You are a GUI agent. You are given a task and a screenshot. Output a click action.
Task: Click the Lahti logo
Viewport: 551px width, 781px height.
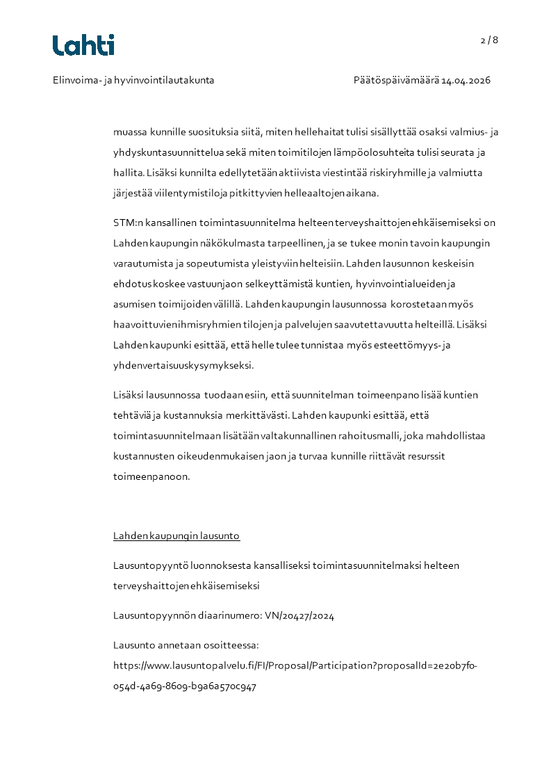click(83, 45)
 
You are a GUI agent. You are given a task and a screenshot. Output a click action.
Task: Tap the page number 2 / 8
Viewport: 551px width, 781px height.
click(489, 40)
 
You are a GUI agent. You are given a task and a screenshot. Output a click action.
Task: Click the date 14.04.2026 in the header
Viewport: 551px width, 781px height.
click(466, 80)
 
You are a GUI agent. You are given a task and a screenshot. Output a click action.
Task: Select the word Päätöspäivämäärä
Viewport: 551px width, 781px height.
click(395, 80)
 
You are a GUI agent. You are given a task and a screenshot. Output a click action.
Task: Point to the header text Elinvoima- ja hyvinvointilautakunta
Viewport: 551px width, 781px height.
click(133, 80)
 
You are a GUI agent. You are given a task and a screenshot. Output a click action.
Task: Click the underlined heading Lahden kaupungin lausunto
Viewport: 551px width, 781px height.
click(176, 536)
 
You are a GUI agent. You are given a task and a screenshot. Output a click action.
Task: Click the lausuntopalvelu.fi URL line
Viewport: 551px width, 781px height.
click(295, 666)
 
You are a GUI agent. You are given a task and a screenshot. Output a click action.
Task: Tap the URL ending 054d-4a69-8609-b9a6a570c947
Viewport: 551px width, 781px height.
click(185, 686)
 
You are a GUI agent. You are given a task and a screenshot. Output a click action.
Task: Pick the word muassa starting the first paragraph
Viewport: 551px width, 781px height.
click(131, 132)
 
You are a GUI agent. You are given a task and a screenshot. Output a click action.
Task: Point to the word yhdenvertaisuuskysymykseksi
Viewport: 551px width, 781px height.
click(183, 364)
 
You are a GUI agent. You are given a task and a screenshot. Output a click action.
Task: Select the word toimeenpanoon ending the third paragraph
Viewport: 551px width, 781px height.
click(151, 476)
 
